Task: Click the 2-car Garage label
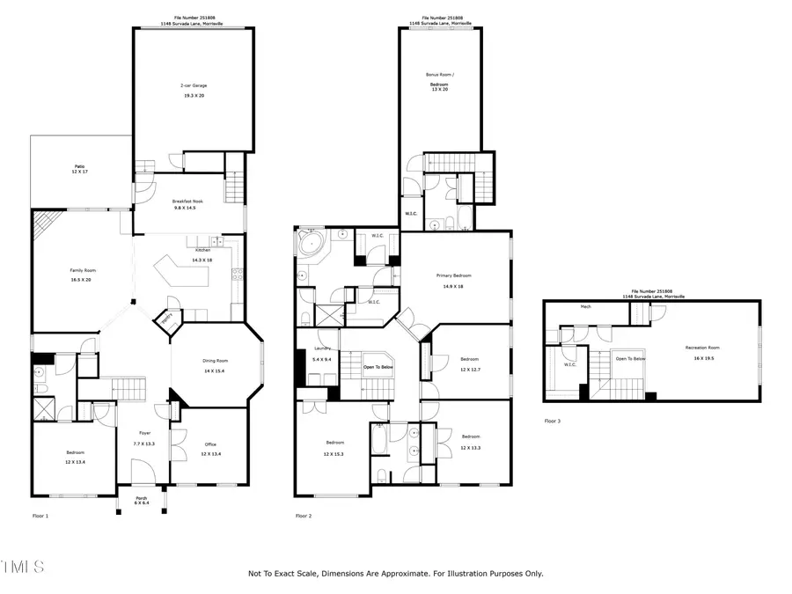tap(194, 90)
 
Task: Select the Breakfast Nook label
tap(187, 204)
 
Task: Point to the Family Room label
tap(83, 274)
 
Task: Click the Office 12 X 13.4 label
tap(209, 449)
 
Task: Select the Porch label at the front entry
tap(142, 501)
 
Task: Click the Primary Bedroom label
tap(455, 281)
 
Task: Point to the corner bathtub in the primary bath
tap(311, 243)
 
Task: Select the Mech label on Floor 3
tap(585, 307)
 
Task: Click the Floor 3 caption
tap(552, 422)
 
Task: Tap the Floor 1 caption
tap(40, 516)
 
